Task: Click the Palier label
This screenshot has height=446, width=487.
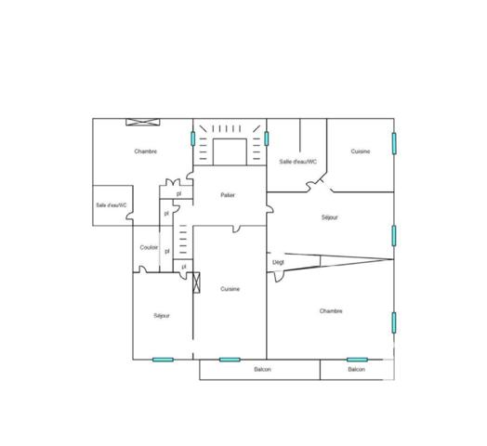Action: [x=228, y=195]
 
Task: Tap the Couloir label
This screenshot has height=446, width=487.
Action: [x=149, y=247]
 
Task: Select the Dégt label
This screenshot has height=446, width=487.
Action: [x=278, y=262]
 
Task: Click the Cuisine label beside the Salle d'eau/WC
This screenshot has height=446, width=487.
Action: [x=361, y=151]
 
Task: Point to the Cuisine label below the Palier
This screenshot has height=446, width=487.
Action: [x=230, y=289]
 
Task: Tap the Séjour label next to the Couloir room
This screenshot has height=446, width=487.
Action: [x=162, y=316]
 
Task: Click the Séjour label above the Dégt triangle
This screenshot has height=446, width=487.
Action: [x=329, y=217]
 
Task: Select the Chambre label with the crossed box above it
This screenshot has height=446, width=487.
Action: [x=145, y=151]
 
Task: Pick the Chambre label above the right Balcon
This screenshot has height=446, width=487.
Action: [x=331, y=310]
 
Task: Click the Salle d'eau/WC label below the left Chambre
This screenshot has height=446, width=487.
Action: [x=112, y=204]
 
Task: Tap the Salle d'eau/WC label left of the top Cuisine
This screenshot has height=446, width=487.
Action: [x=298, y=161]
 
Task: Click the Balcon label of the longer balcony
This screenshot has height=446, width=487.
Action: [x=262, y=370]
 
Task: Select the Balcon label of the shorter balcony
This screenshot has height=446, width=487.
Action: [x=357, y=370]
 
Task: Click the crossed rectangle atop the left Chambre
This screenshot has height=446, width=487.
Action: [x=143, y=122]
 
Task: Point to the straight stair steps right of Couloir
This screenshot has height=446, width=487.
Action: [x=182, y=243]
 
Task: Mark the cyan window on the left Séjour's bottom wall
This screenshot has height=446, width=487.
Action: [x=163, y=360]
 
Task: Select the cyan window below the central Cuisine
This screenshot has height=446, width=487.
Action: [x=230, y=360]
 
